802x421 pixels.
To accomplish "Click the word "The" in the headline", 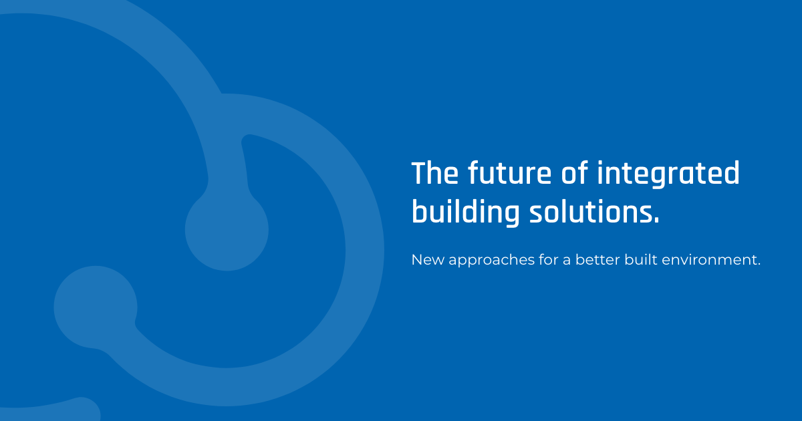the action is tap(435, 172).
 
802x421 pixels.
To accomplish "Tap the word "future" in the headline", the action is tap(509, 172).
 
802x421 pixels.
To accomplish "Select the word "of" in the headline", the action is tap(574, 172).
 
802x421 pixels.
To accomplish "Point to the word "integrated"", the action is tap(668, 174).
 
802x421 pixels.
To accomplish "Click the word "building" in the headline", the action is tap(465, 213).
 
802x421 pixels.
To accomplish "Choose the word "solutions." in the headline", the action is tap(594, 213).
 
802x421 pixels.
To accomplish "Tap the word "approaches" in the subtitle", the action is tap(492, 261).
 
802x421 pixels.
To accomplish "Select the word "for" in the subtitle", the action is tap(549, 259).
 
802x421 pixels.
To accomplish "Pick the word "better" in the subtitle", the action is tap(597, 259).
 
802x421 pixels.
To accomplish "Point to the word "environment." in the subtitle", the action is tap(711, 260).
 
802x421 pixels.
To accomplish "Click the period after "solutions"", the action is tap(656, 221).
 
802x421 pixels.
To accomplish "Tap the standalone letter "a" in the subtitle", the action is tap(567, 261).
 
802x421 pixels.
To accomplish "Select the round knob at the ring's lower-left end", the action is tap(96, 307).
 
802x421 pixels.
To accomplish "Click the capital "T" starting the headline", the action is tap(420, 173).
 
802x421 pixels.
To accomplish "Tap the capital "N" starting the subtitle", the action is tap(417, 260).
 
